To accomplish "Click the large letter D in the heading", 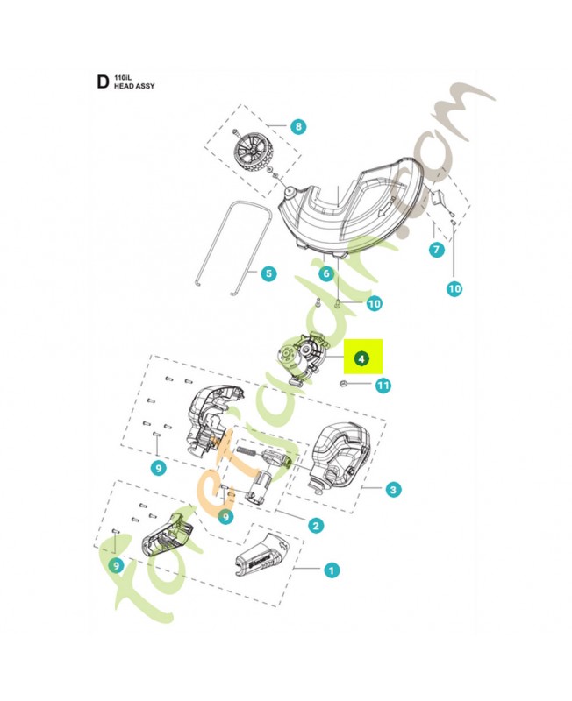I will click(102, 82).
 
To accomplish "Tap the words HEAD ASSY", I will click(133, 89).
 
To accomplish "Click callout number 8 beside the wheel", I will click(298, 127).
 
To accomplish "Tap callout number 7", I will click(436, 250).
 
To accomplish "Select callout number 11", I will click(383, 385).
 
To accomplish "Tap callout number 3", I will click(394, 489).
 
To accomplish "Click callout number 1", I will click(331, 570).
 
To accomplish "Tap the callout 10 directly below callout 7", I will click(454, 287).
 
